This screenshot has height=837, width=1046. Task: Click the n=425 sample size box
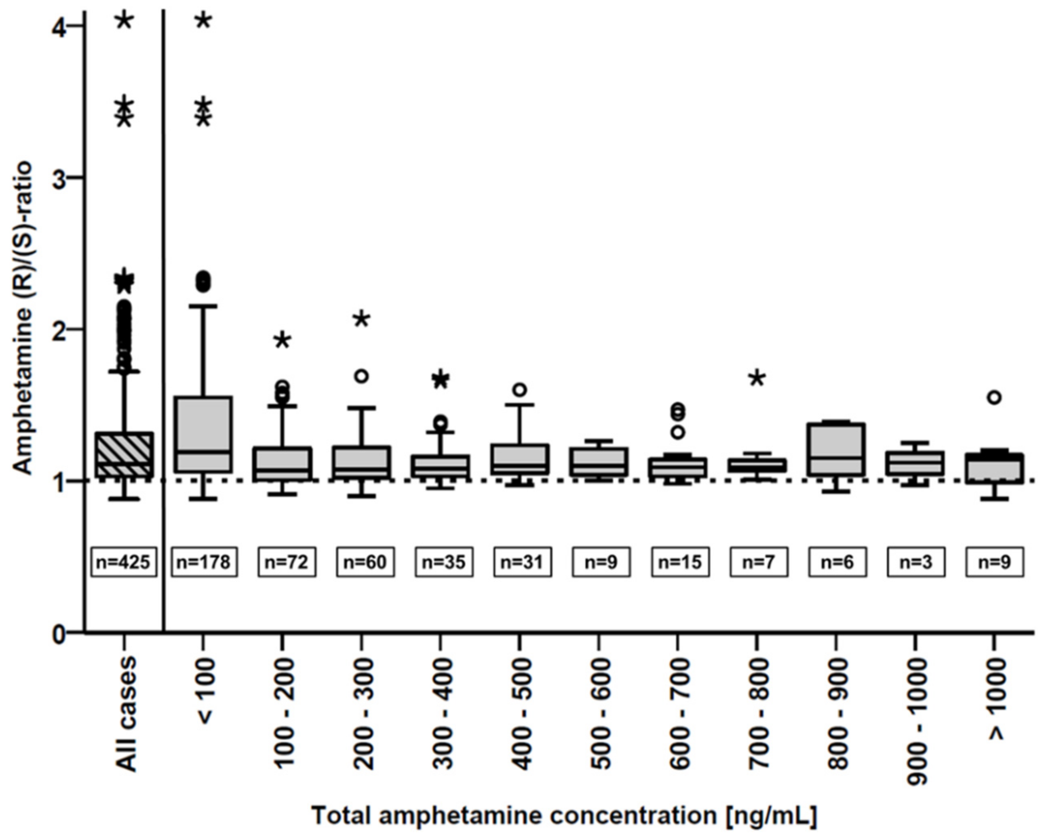point(124,562)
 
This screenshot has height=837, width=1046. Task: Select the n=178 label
point(204,562)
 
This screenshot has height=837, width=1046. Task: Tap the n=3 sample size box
point(916,562)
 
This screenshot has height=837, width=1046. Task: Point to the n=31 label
point(523,562)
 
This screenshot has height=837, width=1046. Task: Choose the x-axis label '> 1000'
point(995,698)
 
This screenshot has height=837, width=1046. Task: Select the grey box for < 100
point(203,433)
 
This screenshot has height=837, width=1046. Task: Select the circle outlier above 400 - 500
point(520,389)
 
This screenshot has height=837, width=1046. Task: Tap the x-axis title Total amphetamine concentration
point(564,816)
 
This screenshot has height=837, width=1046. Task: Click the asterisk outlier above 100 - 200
point(283,341)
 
